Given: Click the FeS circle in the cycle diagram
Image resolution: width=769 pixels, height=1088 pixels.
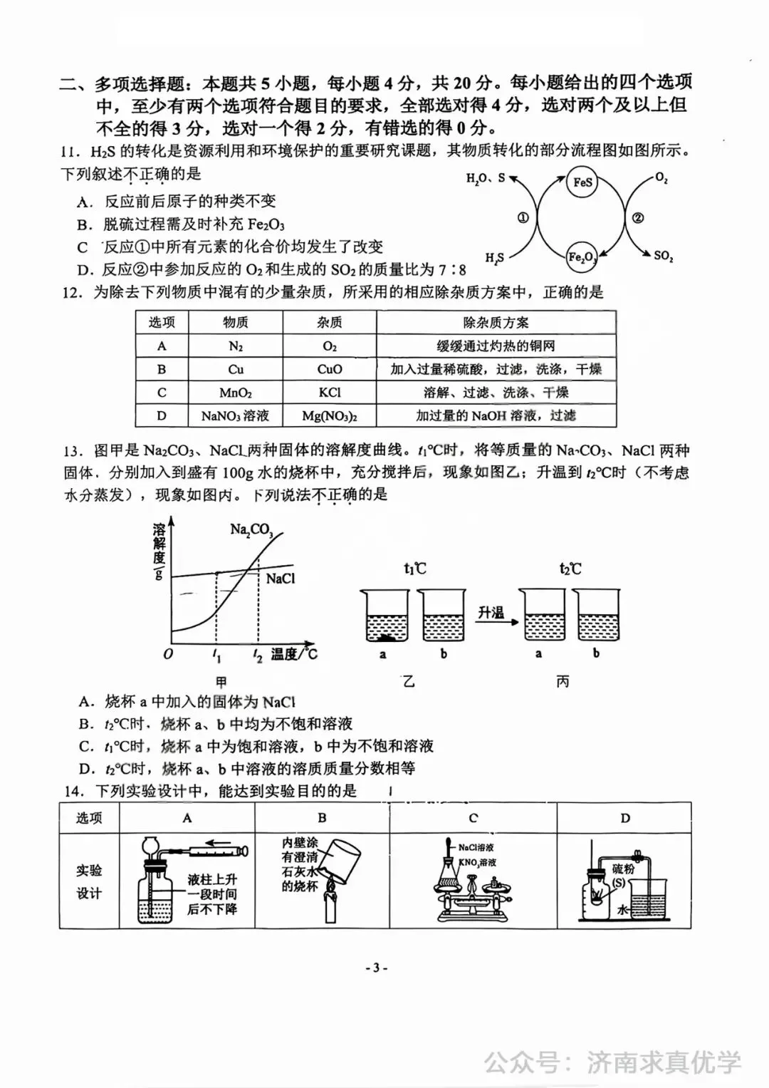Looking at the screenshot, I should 582,182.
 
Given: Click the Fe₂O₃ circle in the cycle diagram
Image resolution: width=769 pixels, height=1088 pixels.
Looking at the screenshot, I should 582,257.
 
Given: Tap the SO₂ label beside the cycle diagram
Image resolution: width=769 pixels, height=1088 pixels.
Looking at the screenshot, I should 663,255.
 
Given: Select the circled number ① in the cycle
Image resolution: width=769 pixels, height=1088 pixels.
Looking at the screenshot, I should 523,218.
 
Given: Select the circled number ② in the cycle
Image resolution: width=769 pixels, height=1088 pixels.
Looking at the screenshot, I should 638,218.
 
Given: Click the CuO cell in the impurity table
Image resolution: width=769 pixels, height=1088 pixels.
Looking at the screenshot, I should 330,369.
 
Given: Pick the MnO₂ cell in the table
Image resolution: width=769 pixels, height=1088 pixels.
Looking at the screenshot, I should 236,393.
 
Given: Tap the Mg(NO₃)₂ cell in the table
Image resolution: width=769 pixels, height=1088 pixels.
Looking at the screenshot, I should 330,415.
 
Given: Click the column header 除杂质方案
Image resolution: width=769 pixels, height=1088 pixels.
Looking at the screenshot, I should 496,323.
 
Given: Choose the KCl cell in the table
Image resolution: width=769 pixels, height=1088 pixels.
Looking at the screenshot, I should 330,393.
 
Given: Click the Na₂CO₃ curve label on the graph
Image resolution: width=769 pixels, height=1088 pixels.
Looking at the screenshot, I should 251,529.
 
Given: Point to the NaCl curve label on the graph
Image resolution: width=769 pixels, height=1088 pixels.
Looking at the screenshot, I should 280,579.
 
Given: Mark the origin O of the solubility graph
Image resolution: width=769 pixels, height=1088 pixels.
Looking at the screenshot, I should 168,653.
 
